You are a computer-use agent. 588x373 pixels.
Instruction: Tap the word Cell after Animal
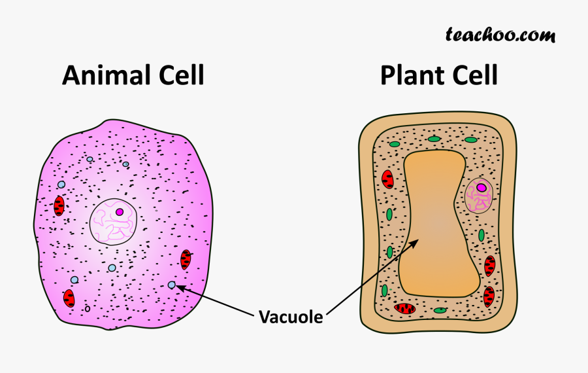pyautogui.click(x=178, y=76)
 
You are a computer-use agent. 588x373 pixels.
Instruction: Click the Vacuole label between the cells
pyautogui.click(x=290, y=317)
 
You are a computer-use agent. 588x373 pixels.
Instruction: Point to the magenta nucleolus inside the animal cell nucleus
pyautogui.click(x=120, y=212)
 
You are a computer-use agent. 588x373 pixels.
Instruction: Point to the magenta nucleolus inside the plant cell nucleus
pyautogui.click(x=482, y=188)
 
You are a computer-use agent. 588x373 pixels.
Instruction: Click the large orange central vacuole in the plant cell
pyautogui.click(x=434, y=222)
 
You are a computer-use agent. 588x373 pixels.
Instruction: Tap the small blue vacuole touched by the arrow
pyautogui.click(x=172, y=285)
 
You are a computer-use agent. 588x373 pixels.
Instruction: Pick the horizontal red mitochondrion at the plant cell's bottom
pyautogui.click(x=405, y=308)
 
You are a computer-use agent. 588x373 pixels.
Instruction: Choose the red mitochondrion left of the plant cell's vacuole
pyautogui.click(x=387, y=179)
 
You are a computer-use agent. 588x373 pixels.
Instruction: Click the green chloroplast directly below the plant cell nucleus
pyautogui.click(x=482, y=235)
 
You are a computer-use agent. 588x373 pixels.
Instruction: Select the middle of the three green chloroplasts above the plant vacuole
pyautogui.click(x=434, y=139)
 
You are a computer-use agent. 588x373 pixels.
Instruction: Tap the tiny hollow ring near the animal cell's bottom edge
pyautogui.click(x=88, y=308)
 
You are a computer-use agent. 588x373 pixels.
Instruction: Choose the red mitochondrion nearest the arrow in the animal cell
pyautogui.click(x=186, y=260)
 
